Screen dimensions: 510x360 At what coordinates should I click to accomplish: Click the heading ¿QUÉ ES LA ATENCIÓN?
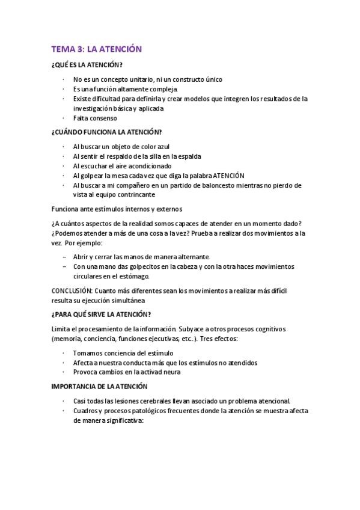(88, 65)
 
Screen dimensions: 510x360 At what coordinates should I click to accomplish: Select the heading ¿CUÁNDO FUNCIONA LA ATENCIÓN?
(106, 132)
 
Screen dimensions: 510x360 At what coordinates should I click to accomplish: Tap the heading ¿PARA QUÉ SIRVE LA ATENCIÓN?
(102, 314)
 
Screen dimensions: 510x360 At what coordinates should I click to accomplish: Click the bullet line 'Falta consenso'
(95, 118)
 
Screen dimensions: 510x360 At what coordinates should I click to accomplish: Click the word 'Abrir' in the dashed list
(82, 256)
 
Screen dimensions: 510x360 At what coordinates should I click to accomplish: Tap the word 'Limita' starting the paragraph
(63, 329)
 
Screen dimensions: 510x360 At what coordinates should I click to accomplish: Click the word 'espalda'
(197, 156)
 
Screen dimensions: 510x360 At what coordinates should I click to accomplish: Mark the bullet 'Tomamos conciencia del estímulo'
(123, 353)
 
